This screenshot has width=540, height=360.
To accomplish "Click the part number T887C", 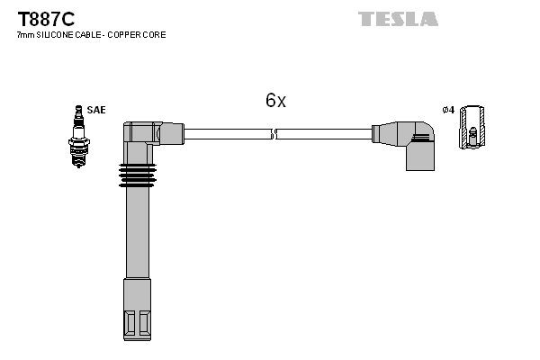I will (43, 18).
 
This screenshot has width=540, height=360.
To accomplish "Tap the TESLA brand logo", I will (399, 19).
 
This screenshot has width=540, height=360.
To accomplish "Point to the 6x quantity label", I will (275, 101).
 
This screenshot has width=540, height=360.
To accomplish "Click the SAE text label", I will (96, 110).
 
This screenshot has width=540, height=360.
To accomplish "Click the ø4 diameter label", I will (447, 110).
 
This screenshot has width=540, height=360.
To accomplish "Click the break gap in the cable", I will (274, 135).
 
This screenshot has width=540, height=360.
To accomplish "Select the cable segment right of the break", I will (324, 134).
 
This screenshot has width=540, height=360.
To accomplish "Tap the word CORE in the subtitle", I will (155, 35).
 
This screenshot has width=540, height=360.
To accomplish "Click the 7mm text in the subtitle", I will (24, 35).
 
